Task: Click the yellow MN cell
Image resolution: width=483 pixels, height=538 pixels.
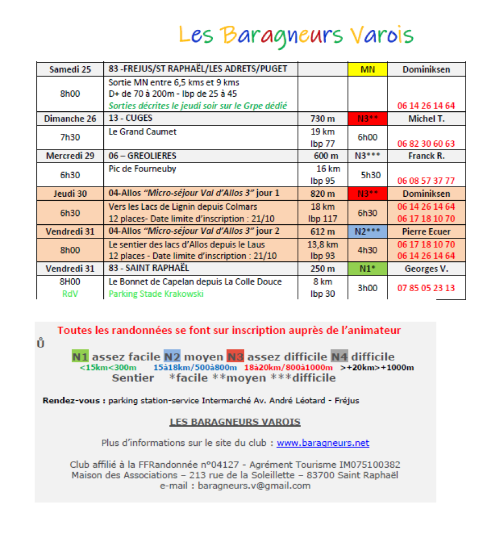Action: (x=367, y=70)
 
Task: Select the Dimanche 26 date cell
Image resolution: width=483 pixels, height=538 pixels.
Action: (x=70, y=119)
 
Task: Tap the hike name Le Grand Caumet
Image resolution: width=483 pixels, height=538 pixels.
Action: (x=143, y=132)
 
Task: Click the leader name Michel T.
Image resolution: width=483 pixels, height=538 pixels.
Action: (x=426, y=119)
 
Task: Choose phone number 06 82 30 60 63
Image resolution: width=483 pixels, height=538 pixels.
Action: (x=426, y=143)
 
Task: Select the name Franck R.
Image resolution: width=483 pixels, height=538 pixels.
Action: (x=426, y=156)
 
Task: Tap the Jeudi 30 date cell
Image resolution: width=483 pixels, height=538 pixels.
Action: (x=70, y=193)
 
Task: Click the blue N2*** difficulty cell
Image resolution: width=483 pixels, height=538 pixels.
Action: (x=368, y=231)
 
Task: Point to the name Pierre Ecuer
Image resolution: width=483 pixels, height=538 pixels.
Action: (x=426, y=231)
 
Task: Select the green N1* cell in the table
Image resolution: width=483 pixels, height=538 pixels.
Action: (x=368, y=269)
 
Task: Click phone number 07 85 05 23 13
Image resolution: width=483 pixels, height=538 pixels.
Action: (x=426, y=288)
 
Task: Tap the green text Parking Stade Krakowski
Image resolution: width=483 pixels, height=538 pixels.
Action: (x=156, y=293)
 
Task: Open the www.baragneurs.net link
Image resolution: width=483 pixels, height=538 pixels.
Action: (x=323, y=443)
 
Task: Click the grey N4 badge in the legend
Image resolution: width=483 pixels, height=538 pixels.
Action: (x=339, y=356)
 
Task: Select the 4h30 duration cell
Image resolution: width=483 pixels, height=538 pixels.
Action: (x=368, y=250)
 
